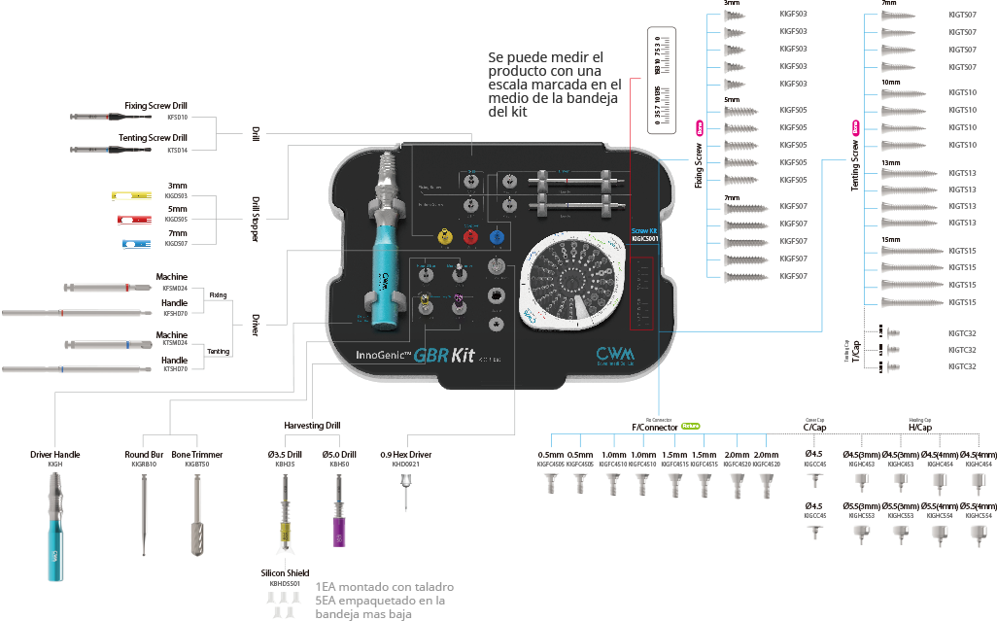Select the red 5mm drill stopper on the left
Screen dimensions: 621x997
(x=131, y=220)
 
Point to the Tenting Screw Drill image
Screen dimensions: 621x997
(x=107, y=150)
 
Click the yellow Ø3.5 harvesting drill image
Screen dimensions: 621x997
(x=286, y=520)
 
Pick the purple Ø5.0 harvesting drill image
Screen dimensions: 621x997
(x=339, y=520)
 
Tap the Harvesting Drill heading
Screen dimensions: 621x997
(x=312, y=426)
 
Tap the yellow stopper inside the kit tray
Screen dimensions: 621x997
(x=444, y=235)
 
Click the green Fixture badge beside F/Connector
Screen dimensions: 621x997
(x=690, y=426)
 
